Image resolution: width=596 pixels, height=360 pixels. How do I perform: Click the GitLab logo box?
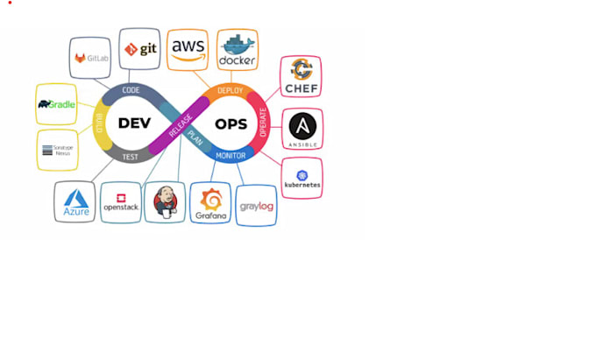pos(90,59)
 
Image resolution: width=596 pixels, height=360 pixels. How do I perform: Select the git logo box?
pos(139,49)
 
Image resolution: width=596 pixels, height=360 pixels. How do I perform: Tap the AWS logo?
pos(188,49)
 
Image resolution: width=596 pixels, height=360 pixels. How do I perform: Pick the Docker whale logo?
pos(238,49)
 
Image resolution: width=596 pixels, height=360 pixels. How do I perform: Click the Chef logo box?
pos(301,77)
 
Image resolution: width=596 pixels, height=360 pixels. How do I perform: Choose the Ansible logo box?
pos(302,129)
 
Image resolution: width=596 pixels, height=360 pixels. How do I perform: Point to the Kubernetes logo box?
pos(302,178)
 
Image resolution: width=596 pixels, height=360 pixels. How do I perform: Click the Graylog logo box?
pos(257,205)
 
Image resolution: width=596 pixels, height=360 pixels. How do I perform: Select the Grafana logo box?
pos(210,203)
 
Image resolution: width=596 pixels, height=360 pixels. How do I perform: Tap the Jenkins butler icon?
pos(165,202)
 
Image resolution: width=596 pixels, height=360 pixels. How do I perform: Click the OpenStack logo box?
pos(120,202)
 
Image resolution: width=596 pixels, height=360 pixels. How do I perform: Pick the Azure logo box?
pos(74,201)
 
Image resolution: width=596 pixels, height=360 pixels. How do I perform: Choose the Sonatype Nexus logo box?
pos(57,150)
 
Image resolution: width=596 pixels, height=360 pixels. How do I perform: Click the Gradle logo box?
pos(57,104)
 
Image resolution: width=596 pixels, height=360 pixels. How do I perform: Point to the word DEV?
pos(135,124)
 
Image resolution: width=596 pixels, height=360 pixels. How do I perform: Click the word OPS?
pos(231,124)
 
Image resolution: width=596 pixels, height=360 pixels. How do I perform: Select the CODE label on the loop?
pos(131,90)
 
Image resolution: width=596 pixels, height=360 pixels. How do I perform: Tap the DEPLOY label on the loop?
pos(230,90)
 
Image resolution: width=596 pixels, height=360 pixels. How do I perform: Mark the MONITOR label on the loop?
pos(231,156)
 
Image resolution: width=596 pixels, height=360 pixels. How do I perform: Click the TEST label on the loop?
pos(130,157)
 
